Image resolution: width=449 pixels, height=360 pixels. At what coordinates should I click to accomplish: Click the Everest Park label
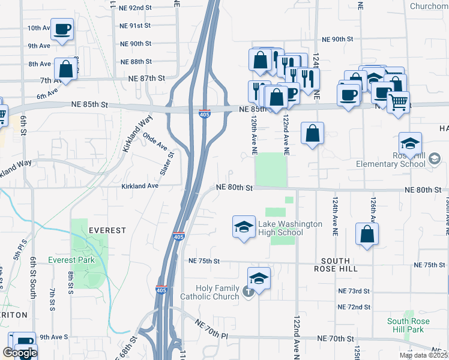tap(71, 260)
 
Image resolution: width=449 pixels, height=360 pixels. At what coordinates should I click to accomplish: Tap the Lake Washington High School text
tap(290, 228)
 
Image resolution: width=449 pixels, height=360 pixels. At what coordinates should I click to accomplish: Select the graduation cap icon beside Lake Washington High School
tap(244, 227)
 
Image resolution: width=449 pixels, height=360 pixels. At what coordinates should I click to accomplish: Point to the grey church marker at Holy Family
tap(249, 292)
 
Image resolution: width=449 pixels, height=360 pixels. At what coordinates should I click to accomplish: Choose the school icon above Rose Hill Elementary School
tap(410, 144)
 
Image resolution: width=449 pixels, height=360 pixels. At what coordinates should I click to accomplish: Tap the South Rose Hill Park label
tap(408, 326)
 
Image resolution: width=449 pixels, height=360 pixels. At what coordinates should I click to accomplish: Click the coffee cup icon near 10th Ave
tap(62, 29)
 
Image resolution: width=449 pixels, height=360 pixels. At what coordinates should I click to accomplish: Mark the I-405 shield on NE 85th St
tap(205, 113)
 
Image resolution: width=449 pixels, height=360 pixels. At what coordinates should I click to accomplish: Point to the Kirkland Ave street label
tap(140, 186)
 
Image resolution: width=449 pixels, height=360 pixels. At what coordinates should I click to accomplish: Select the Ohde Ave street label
tap(155, 142)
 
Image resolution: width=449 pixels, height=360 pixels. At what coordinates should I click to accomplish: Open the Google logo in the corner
tap(19, 353)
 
